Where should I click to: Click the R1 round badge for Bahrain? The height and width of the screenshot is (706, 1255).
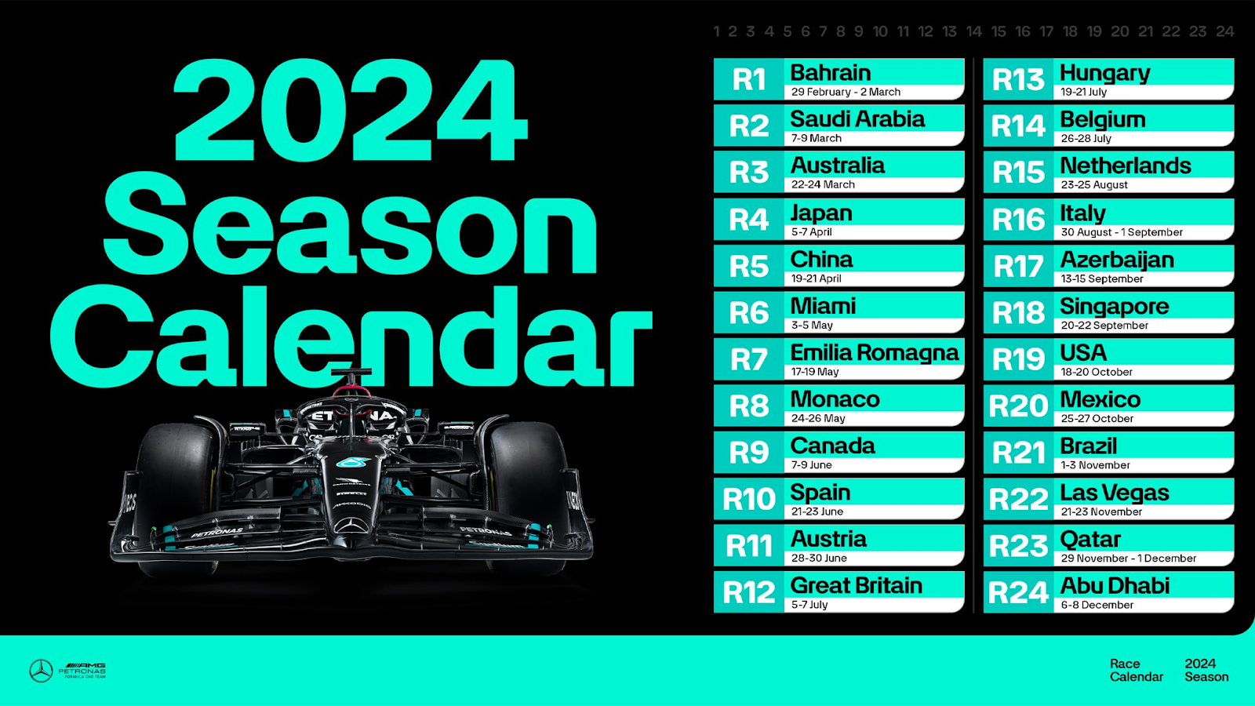tap(748, 79)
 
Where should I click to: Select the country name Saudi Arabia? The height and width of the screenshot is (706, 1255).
tap(857, 119)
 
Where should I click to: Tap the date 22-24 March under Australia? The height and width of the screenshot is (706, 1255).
tap(823, 184)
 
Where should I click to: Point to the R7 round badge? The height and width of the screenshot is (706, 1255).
tap(748, 359)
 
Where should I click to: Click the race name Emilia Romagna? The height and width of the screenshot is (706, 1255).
tap(874, 353)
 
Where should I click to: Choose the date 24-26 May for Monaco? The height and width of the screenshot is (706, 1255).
tap(818, 418)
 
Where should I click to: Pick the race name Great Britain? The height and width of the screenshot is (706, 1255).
tap(856, 585)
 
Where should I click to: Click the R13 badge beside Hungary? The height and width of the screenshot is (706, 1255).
tap(1018, 79)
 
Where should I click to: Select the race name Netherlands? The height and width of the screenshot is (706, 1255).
tap(1125, 166)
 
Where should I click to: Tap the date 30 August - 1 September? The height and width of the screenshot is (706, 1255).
tap(1122, 232)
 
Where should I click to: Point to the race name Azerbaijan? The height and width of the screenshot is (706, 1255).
tap(1117, 260)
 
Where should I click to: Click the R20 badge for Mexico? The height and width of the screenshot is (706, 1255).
tap(1018, 406)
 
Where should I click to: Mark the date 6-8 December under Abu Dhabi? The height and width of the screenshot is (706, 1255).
tap(1097, 605)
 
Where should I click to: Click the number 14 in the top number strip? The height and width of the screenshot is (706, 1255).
tap(974, 32)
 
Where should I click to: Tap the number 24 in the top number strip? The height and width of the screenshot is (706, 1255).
tap(1224, 32)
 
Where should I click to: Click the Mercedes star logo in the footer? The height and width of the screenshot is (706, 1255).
tap(41, 671)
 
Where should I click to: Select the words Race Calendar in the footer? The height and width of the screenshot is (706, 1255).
tap(1137, 670)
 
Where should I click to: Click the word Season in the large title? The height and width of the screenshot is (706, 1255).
tap(351, 224)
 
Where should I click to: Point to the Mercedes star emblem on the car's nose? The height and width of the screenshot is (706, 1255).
tap(351, 526)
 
